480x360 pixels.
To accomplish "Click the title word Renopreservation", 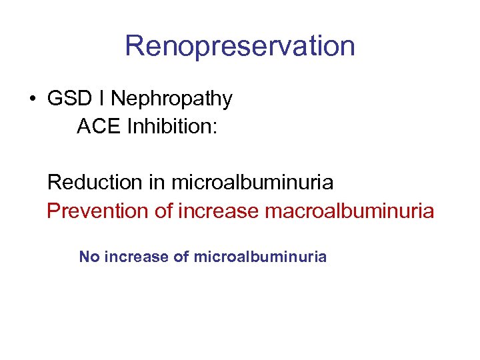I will coord(239,47).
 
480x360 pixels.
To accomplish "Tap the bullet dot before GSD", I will coord(32,99).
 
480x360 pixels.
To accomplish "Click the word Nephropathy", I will coord(171,99).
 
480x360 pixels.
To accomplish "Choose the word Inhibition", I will coord(167,126).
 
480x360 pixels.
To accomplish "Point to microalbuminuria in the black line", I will coord(252,181).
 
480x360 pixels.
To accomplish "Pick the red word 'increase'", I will coord(219,211).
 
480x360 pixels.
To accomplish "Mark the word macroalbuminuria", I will coord(349,211).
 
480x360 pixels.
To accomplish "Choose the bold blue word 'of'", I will coord(181,257).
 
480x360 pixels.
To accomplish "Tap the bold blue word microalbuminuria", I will coord(260,257).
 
